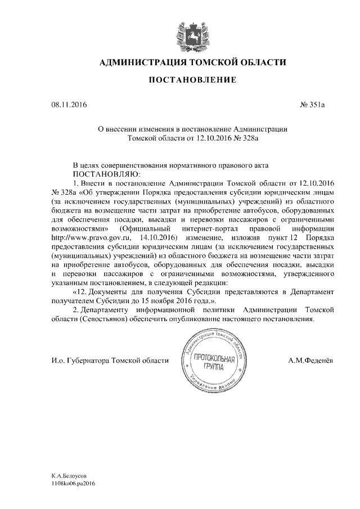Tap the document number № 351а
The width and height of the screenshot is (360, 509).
[x=310, y=104]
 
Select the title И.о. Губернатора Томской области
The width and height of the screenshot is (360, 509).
[x=109, y=361]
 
